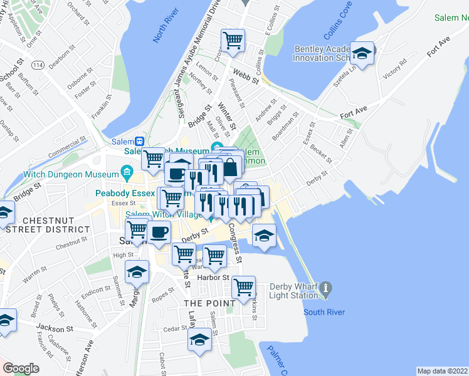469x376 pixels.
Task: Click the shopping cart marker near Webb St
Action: pos(233,41)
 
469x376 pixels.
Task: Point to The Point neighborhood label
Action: pos(209,303)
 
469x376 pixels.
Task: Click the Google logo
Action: pos(21,368)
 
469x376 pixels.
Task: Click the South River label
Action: pos(324,311)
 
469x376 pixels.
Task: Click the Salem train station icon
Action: pos(141,141)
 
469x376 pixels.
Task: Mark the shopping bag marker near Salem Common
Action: pos(231,167)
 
